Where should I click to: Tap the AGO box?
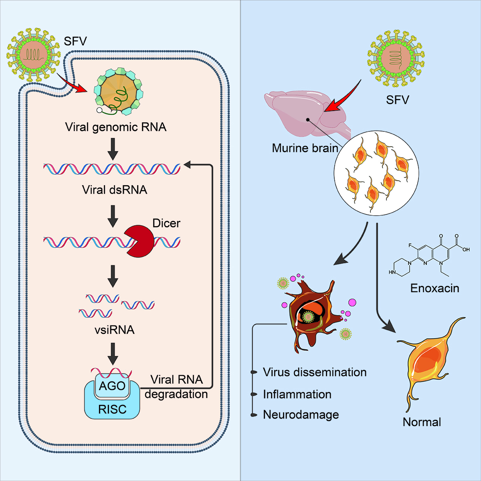(112, 386)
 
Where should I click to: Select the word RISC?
(112, 409)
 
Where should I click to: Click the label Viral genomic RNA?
(115, 127)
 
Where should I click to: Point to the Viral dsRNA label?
(115, 190)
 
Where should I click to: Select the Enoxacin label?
(435, 288)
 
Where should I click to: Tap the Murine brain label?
(305, 148)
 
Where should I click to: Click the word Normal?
(422, 422)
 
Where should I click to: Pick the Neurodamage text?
(301, 415)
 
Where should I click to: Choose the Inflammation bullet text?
(297, 394)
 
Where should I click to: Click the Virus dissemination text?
(315, 372)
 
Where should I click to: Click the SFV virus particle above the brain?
(396, 57)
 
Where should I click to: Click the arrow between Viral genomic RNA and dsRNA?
(113, 149)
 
